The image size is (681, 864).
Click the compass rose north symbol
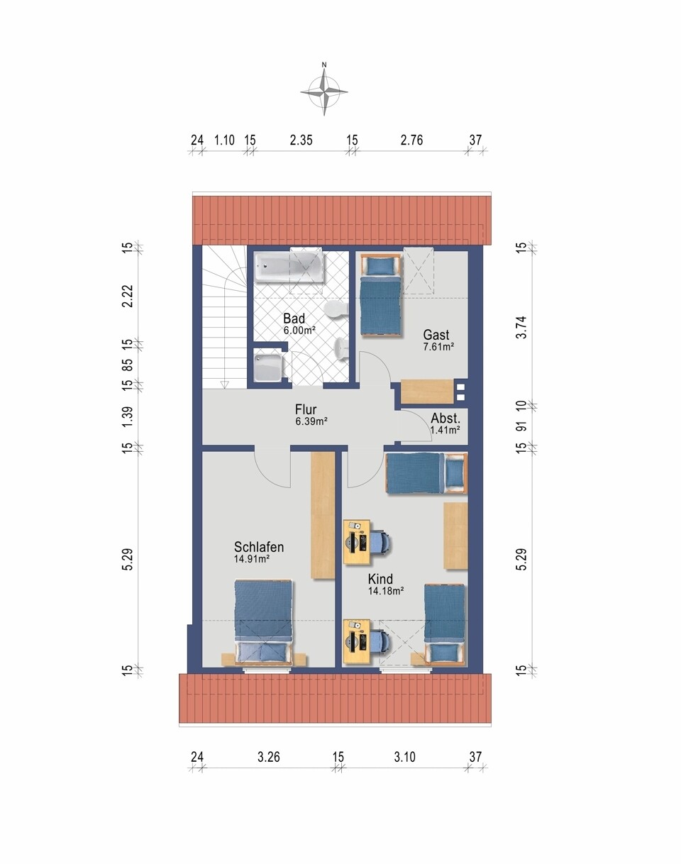(324, 89)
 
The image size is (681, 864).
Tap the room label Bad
(294, 319)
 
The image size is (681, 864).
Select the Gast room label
(436, 335)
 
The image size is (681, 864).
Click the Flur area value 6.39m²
(311, 421)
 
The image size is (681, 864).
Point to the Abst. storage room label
(445, 419)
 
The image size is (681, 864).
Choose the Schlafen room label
(259, 547)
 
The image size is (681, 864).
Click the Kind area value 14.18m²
(385, 591)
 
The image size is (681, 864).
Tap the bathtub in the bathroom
(290, 267)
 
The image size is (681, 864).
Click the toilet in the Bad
(336, 311)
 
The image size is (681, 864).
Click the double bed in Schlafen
(263, 622)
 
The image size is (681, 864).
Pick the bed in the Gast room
(381, 294)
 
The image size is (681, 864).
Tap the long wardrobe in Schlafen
(323, 515)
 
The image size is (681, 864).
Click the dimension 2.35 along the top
(301, 140)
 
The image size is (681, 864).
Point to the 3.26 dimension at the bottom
(269, 757)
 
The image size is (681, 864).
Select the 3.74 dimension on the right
(521, 328)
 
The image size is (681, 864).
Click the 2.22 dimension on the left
(128, 297)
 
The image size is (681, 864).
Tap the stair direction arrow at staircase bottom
(224, 384)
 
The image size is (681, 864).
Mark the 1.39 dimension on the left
(128, 418)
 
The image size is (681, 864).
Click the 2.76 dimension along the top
(411, 140)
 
